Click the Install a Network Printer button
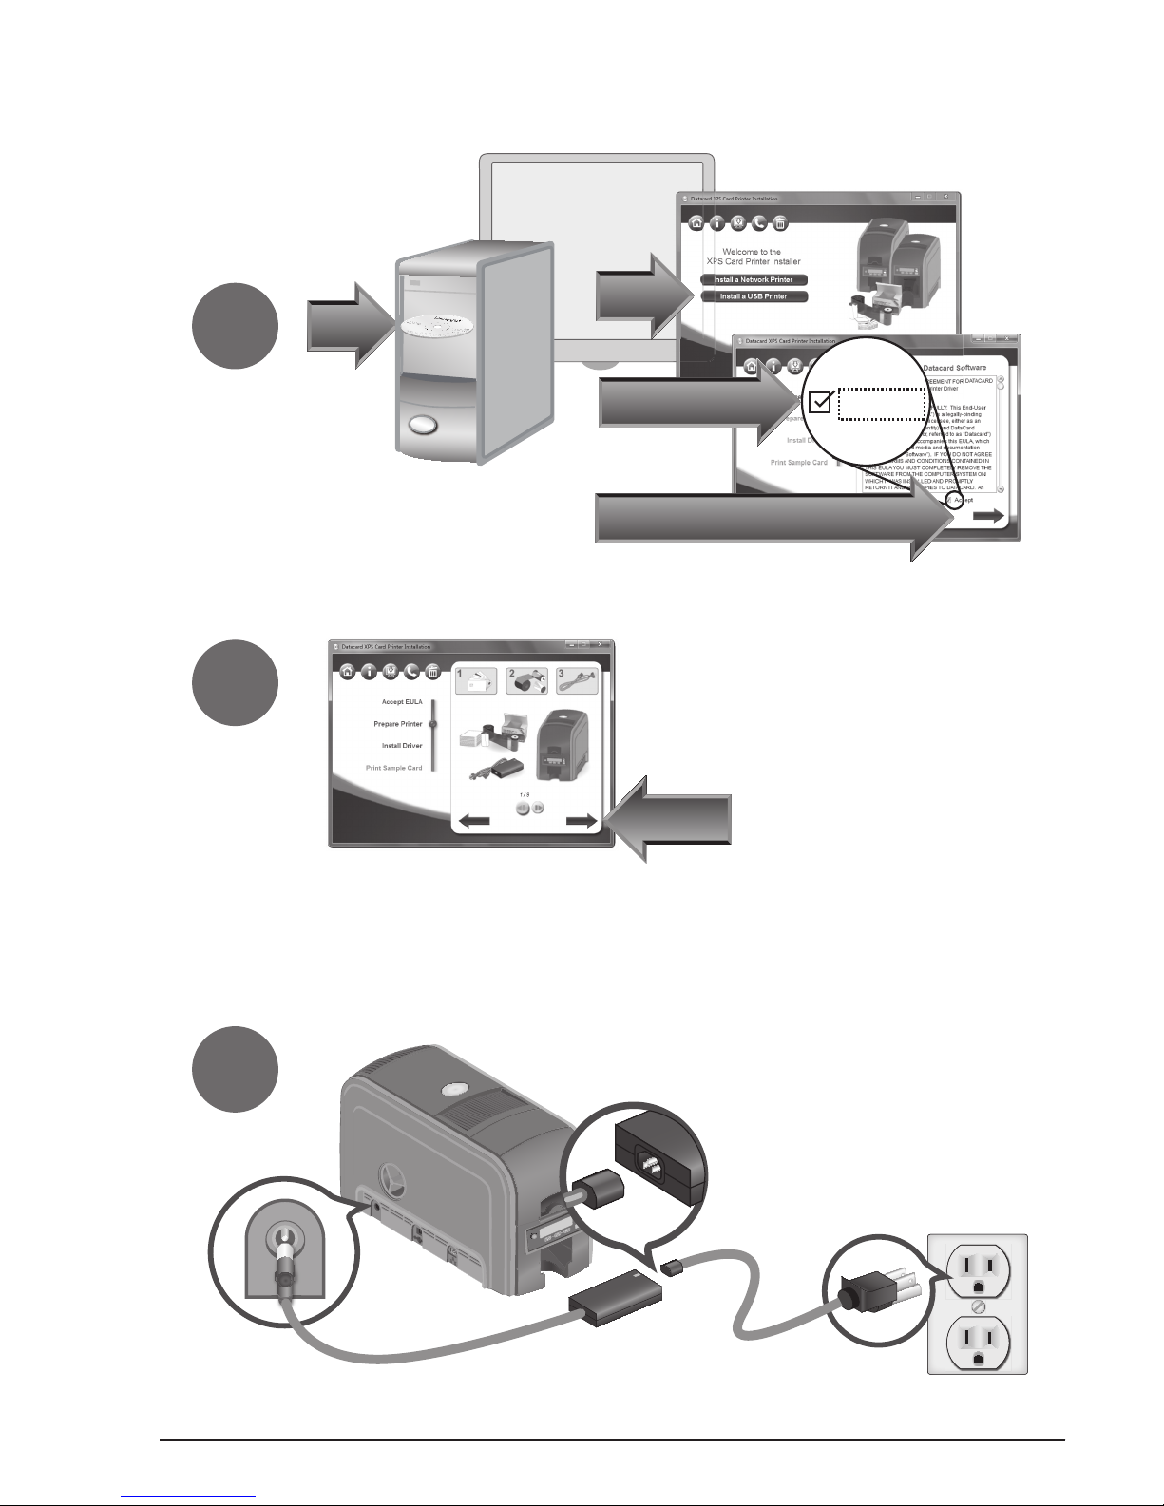click(754, 280)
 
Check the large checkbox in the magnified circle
click(819, 402)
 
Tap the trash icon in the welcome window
click(779, 223)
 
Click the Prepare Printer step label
click(397, 724)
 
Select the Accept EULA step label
click(402, 701)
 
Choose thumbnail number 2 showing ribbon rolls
click(525, 680)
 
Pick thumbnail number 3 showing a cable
click(577, 680)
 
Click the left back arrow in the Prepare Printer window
click(473, 822)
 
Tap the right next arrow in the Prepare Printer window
click(582, 822)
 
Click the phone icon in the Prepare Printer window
click(411, 671)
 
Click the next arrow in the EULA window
click(989, 516)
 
